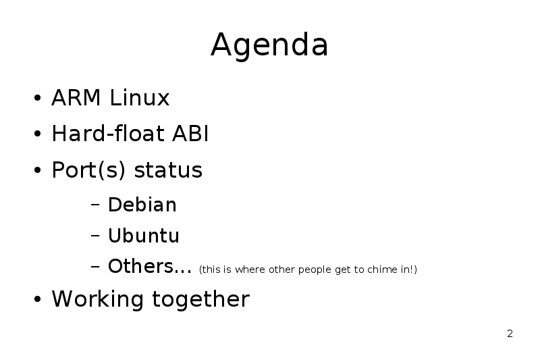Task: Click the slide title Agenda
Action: [x=269, y=45]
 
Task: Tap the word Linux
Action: [x=140, y=97]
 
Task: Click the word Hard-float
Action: [x=108, y=133]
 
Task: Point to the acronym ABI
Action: [x=190, y=133]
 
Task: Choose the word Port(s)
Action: [x=88, y=170]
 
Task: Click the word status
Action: [x=168, y=170]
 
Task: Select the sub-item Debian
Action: [x=142, y=205]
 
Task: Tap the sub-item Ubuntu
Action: [x=144, y=236]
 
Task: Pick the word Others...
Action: [x=140, y=266]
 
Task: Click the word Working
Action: [x=97, y=299]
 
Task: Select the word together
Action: [x=200, y=299]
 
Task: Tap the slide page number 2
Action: [x=510, y=334]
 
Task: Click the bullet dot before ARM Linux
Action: [x=38, y=98]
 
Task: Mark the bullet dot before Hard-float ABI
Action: [x=38, y=134]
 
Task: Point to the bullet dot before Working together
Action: [x=38, y=299]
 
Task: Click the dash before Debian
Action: [x=95, y=205]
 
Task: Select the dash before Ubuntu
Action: [x=95, y=236]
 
